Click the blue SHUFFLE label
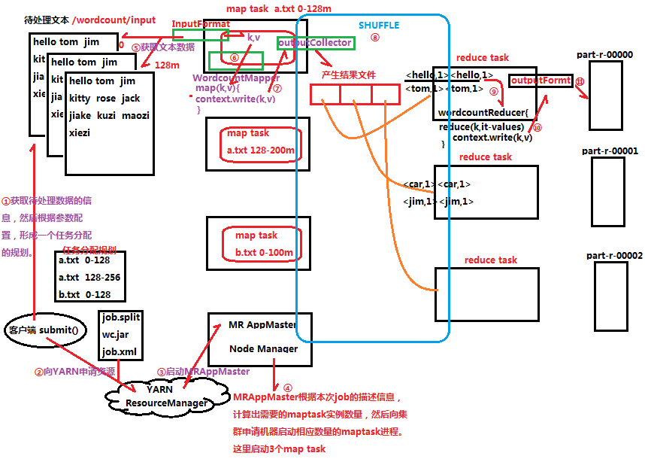coord(379,25)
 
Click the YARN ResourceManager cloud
coord(167,397)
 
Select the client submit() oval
coord(44,330)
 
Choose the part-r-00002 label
coord(614,256)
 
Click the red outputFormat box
coord(541,81)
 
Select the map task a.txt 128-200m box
coord(260,143)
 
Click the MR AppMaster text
coord(262,325)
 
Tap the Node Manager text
coord(263,348)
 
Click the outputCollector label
coord(315,43)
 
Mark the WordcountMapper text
coord(236,78)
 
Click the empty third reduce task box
coord(486,294)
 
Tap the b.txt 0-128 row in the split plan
coord(84,294)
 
